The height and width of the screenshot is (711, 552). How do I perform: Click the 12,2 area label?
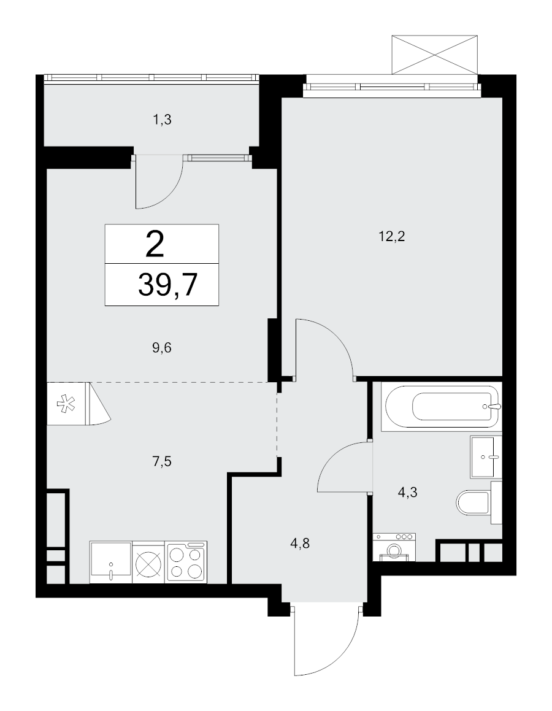[391, 236]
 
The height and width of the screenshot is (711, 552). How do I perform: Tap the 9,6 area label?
[162, 348]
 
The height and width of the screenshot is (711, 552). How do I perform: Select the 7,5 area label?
[162, 461]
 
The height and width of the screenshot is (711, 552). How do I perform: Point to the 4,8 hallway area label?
[299, 544]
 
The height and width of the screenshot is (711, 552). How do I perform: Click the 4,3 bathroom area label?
[407, 491]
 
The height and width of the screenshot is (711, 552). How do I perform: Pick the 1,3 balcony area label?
[162, 120]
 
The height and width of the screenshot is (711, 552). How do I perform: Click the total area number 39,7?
[167, 285]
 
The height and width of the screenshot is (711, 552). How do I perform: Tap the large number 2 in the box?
[155, 245]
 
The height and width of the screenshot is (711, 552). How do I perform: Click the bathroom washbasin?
[486, 456]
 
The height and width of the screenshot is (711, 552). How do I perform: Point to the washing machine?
[394, 547]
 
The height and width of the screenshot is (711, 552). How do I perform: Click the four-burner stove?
[186, 562]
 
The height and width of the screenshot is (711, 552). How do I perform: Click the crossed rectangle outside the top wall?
[435, 54]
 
